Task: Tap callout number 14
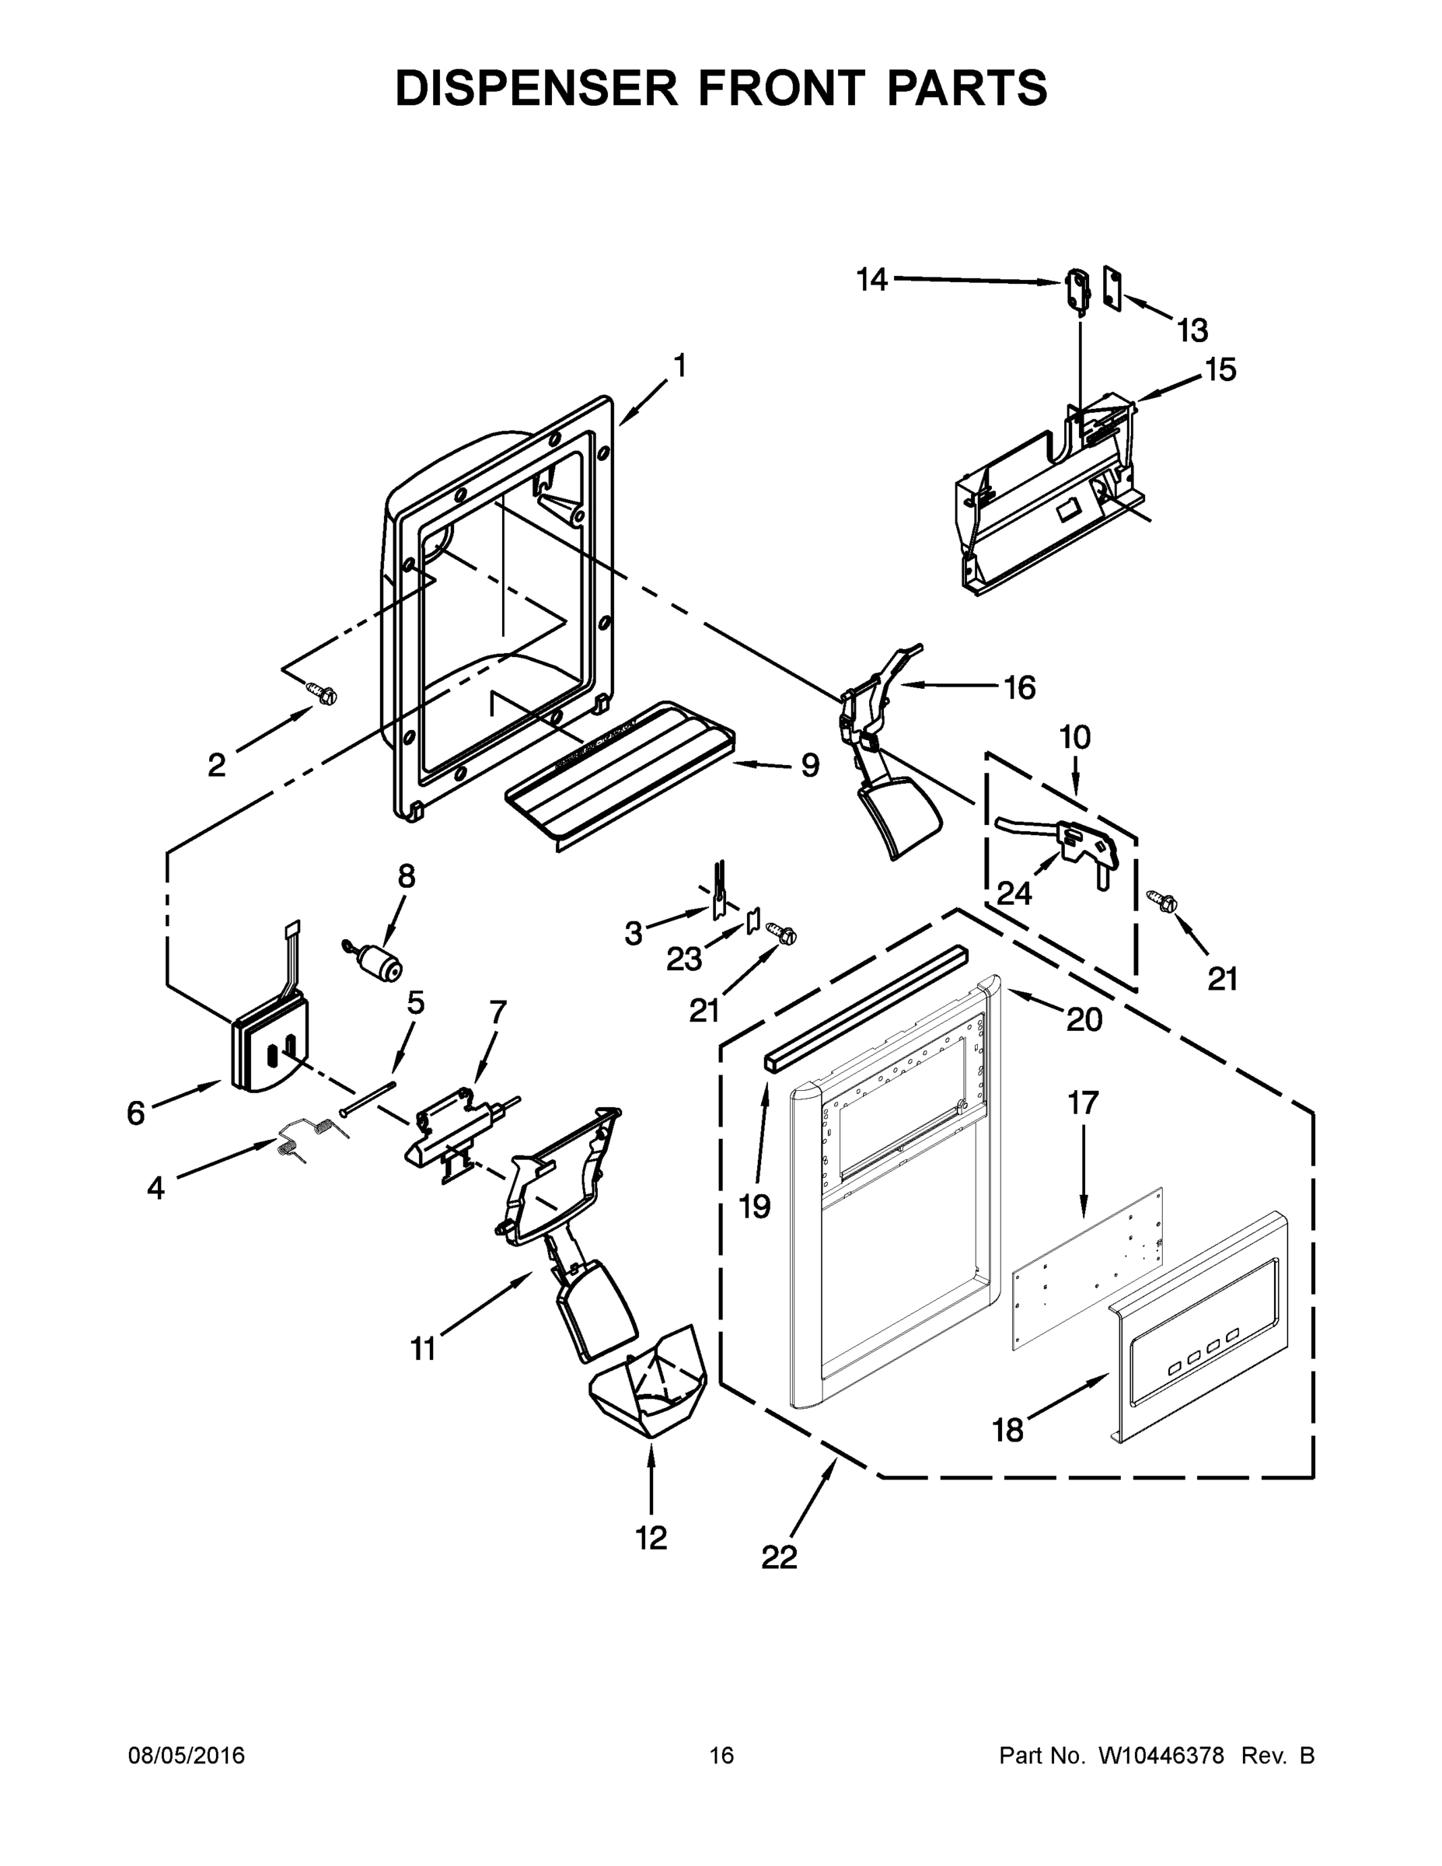pos(872,279)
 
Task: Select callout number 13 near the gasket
pos(1192,330)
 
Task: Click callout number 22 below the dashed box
pos(778,1557)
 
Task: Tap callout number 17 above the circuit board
pos(1082,1103)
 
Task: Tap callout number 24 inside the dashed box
pos(1014,893)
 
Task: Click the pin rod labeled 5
pos(368,1098)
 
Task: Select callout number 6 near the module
pos(136,1113)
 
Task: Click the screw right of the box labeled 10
pos(1164,900)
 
